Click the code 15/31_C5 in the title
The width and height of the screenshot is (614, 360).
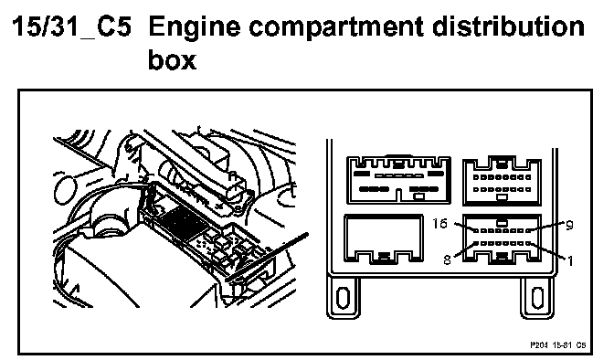coord(71,26)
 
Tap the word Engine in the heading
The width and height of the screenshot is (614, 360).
coord(195,28)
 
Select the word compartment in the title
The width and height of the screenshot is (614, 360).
coord(336,28)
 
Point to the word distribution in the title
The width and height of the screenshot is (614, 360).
coord(508,26)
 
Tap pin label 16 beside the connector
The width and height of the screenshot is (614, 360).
coord(439,223)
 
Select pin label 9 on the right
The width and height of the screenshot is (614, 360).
coord(570,225)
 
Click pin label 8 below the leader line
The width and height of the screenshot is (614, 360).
coord(447,259)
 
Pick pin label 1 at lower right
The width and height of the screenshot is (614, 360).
coord(570,260)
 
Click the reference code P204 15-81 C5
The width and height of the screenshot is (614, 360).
coord(558,345)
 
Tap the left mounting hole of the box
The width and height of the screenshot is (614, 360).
coord(344,298)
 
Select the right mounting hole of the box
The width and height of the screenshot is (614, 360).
coord(537,298)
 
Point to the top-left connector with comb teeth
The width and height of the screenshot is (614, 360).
coord(398,180)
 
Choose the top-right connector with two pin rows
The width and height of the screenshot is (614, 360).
coord(502,181)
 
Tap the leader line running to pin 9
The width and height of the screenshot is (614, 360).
coord(547,227)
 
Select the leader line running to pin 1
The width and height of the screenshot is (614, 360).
coord(548,251)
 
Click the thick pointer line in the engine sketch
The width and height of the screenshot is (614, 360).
coord(268,257)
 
